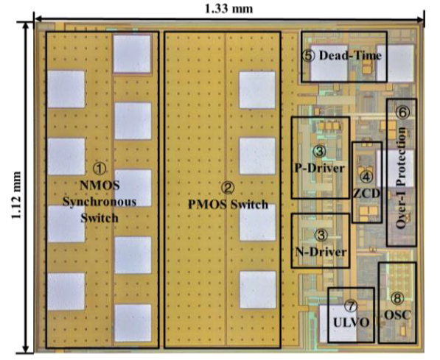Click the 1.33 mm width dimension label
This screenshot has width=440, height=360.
(x=228, y=9)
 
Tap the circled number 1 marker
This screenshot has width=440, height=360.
(x=99, y=169)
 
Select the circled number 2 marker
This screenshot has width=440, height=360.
(x=228, y=188)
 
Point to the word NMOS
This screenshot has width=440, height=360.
(x=99, y=186)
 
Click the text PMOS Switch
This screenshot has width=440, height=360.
(x=228, y=205)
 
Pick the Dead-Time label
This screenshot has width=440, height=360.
(x=351, y=55)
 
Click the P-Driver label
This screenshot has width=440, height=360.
(x=320, y=169)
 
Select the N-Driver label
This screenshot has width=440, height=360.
(x=321, y=252)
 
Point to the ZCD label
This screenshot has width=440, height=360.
(x=367, y=193)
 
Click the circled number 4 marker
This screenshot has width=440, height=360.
(x=366, y=177)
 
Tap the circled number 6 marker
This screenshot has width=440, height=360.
(x=402, y=113)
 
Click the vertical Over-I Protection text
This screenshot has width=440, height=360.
(x=401, y=177)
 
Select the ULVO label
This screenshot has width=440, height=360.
(x=351, y=322)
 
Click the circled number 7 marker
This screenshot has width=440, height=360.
(x=351, y=306)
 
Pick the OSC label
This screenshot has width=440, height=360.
(x=397, y=315)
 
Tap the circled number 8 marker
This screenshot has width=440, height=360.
(x=397, y=299)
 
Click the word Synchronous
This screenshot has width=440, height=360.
(x=99, y=202)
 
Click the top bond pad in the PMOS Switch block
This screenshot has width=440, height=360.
(x=257, y=90)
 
